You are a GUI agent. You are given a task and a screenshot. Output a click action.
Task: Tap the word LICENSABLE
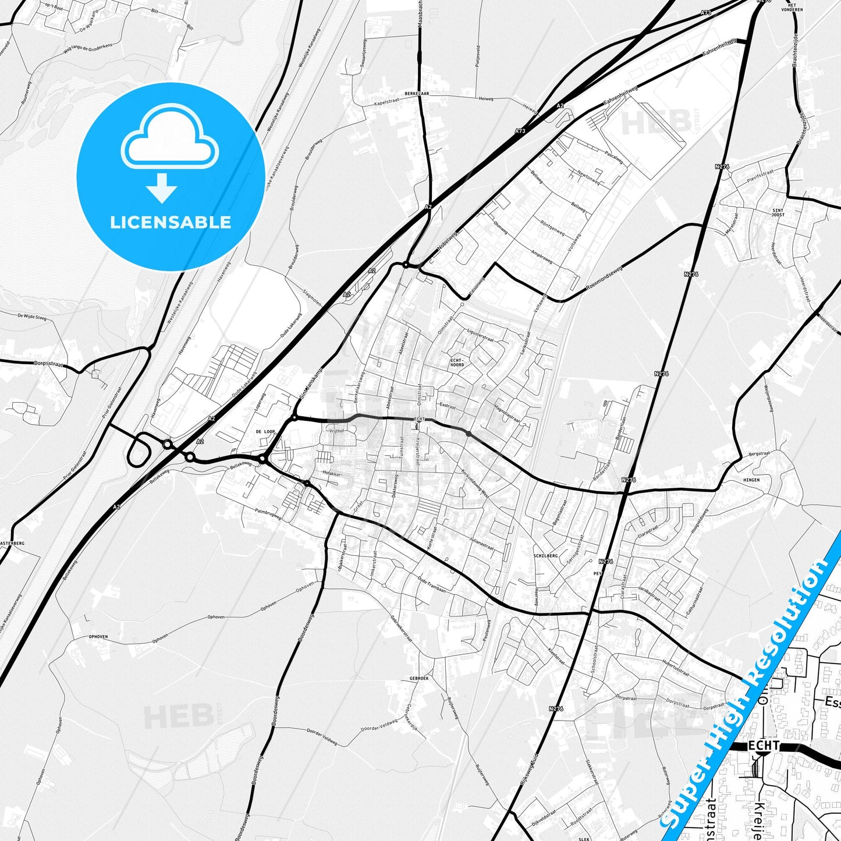[x=171, y=222]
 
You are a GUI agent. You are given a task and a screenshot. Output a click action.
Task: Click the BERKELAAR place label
[x=417, y=93]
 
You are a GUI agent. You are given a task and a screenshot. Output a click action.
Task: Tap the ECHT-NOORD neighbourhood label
[x=457, y=362]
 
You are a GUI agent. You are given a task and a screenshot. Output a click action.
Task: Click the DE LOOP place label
[x=265, y=432]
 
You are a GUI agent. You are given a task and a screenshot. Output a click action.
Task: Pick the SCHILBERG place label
[x=545, y=556]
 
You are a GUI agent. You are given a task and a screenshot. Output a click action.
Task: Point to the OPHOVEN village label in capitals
[x=98, y=637]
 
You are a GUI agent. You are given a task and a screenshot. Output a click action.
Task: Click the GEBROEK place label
[x=419, y=679]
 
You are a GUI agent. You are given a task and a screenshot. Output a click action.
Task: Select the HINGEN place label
[x=751, y=480]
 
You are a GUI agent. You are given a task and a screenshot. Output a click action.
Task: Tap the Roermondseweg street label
[x=604, y=278]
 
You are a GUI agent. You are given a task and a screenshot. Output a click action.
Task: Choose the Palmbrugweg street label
[x=268, y=513]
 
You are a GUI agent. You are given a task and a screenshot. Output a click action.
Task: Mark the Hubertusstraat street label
[x=676, y=668]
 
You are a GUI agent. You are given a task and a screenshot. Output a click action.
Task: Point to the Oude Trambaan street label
[x=432, y=584]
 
